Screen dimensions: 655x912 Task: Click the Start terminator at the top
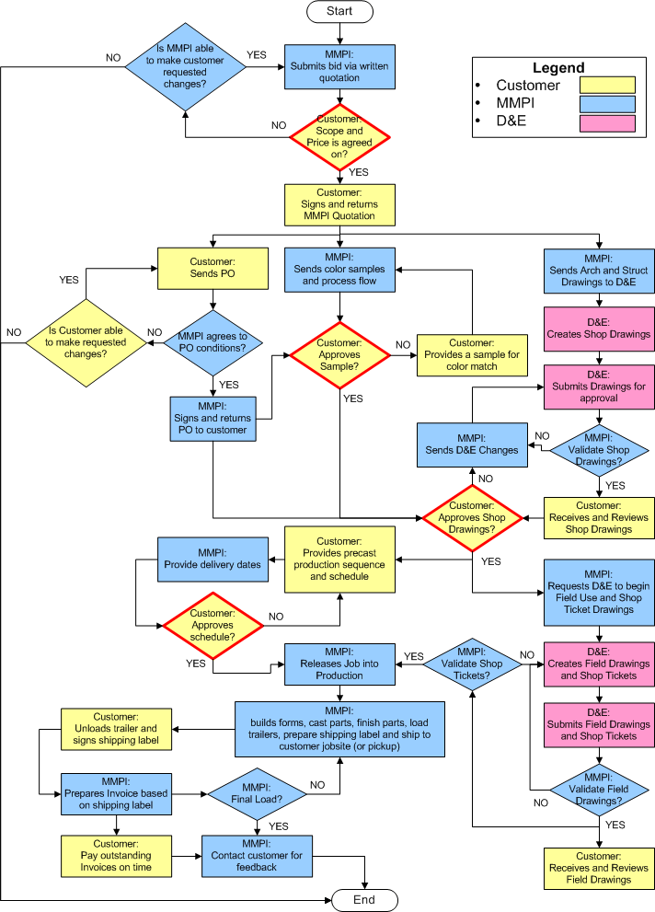tap(339, 11)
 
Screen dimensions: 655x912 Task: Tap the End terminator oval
tap(364, 900)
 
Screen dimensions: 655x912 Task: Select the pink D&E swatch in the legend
tap(607, 123)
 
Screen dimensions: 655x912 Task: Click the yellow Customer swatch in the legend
tap(607, 85)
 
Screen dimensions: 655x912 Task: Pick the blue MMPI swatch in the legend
tap(607, 104)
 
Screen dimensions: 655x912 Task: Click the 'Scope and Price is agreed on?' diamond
tap(339, 137)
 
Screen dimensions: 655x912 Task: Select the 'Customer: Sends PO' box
tap(213, 268)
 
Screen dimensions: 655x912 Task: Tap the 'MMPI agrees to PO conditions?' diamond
tap(213, 342)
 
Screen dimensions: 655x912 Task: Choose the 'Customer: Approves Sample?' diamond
tap(339, 355)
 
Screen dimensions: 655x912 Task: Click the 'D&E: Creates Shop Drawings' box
tap(599, 329)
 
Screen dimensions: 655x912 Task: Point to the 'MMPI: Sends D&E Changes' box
tap(472, 444)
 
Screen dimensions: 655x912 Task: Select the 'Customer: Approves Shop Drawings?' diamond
tap(472, 517)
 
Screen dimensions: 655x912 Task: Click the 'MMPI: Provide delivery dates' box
tap(213, 560)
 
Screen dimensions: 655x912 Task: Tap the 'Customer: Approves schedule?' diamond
tap(213, 625)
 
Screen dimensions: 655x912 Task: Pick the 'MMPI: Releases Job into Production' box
tap(339, 664)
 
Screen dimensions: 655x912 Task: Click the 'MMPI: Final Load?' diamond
tap(257, 794)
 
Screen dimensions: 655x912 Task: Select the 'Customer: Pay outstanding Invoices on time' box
tap(116, 856)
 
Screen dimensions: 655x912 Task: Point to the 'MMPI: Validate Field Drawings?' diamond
tap(599, 790)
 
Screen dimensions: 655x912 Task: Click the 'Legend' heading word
tap(558, 67)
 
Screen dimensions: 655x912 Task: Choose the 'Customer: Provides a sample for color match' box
tap(472, 355)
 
